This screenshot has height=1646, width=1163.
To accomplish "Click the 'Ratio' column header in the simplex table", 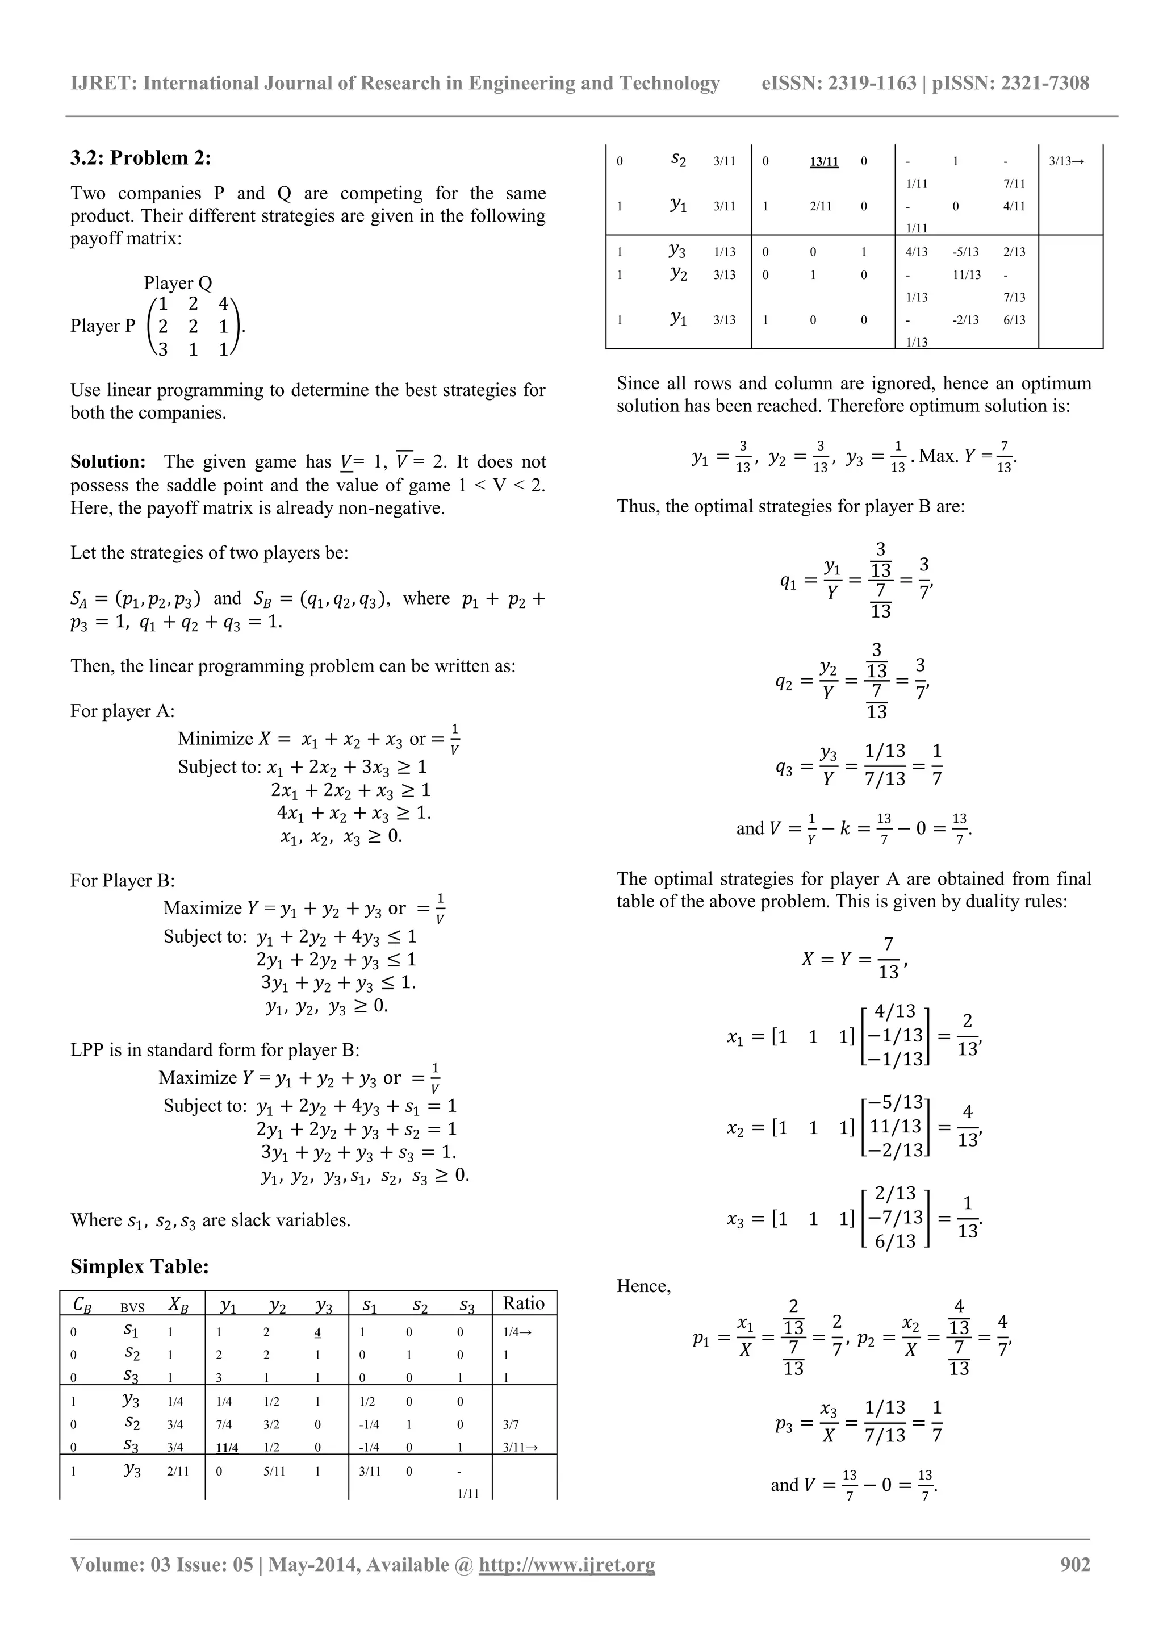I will point(524,1303).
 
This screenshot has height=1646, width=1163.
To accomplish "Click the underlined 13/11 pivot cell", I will point(823,161).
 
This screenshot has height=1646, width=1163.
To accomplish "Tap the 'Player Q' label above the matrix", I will point(178,282).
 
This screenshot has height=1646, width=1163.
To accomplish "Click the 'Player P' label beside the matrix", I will point(102,326).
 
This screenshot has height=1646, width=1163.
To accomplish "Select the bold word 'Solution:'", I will point(108,462).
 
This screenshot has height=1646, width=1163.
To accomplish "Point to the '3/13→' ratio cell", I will point(1066,161).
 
